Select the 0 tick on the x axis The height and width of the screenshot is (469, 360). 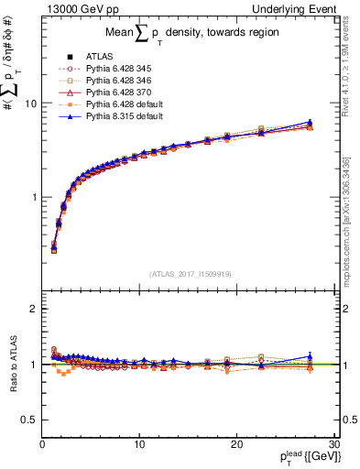click(42, 444)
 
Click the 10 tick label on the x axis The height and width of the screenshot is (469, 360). click(138, 444)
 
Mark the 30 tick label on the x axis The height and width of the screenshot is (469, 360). click(333, 444)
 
